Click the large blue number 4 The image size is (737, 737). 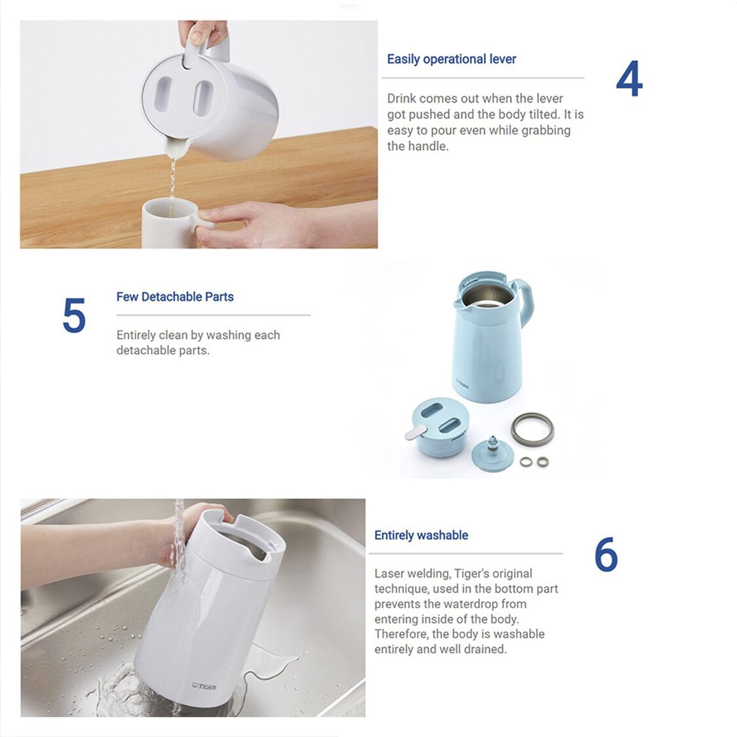(629, 79)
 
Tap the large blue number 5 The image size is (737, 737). (74, 315)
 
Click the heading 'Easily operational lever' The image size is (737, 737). (451, 59)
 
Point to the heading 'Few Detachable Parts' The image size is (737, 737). (175, 296)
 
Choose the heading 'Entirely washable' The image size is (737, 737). (421, 535)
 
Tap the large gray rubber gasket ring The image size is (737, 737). (532, 429)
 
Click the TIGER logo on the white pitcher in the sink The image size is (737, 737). (204, 687)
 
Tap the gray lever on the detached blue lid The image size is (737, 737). (416, 432)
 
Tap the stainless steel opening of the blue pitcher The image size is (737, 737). (487, 295)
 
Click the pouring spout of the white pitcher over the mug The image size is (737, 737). (176, 148)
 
